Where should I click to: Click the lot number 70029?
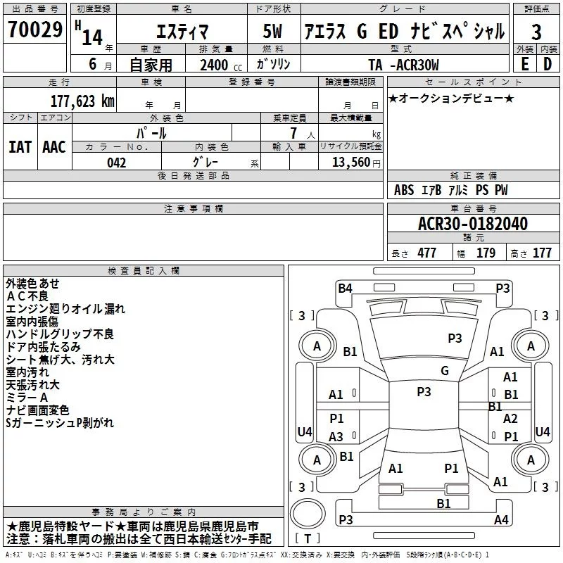tap(35, 29)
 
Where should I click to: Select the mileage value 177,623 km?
tap(82, 101)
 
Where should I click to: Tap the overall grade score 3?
tap(536, 32)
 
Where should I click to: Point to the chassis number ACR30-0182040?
tap(473, 223)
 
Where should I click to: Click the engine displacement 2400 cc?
tap(221, 65)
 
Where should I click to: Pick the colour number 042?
tap(117, 163)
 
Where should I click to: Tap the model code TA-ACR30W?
tap(403, 65)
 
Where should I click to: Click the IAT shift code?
tap(20, 147)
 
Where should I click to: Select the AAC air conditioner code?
tap(54, 147)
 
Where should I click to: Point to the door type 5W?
tap(272, 31)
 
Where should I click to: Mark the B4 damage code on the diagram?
tap(345, 289)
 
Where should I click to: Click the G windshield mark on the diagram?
tap(445, 370)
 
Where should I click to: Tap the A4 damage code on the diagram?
tap(501, 519)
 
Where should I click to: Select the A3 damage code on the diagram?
tap(336, 436)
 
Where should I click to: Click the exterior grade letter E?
tap(525, 64)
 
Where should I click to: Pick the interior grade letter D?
tap(548, 64)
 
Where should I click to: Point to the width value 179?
tap(486, 253)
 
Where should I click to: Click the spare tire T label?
tap(308, 538)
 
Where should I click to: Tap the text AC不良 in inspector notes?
tap(27, 296)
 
